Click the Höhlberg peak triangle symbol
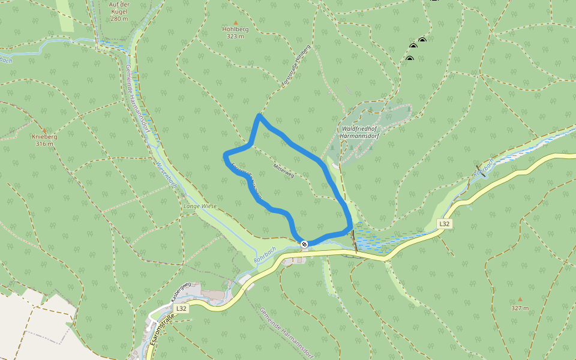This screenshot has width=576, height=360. (x=235, y=22)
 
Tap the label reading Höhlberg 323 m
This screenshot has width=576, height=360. (x=235, y=32)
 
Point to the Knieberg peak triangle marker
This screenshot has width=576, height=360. (x=44, y=130)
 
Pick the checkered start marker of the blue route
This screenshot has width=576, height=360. (x=304, y=244)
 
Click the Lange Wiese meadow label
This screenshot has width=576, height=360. (x=200, y=206)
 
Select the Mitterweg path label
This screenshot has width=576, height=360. (x=284, y=171)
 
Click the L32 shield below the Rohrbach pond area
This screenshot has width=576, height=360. (x=444, y=224)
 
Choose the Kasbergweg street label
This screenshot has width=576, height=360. (x=181, y=291)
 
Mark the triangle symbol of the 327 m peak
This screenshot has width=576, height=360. (x=520, y=299)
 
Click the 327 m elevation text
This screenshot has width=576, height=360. (x=520, y=308)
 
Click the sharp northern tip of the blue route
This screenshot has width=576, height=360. (x=259, y=115)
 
